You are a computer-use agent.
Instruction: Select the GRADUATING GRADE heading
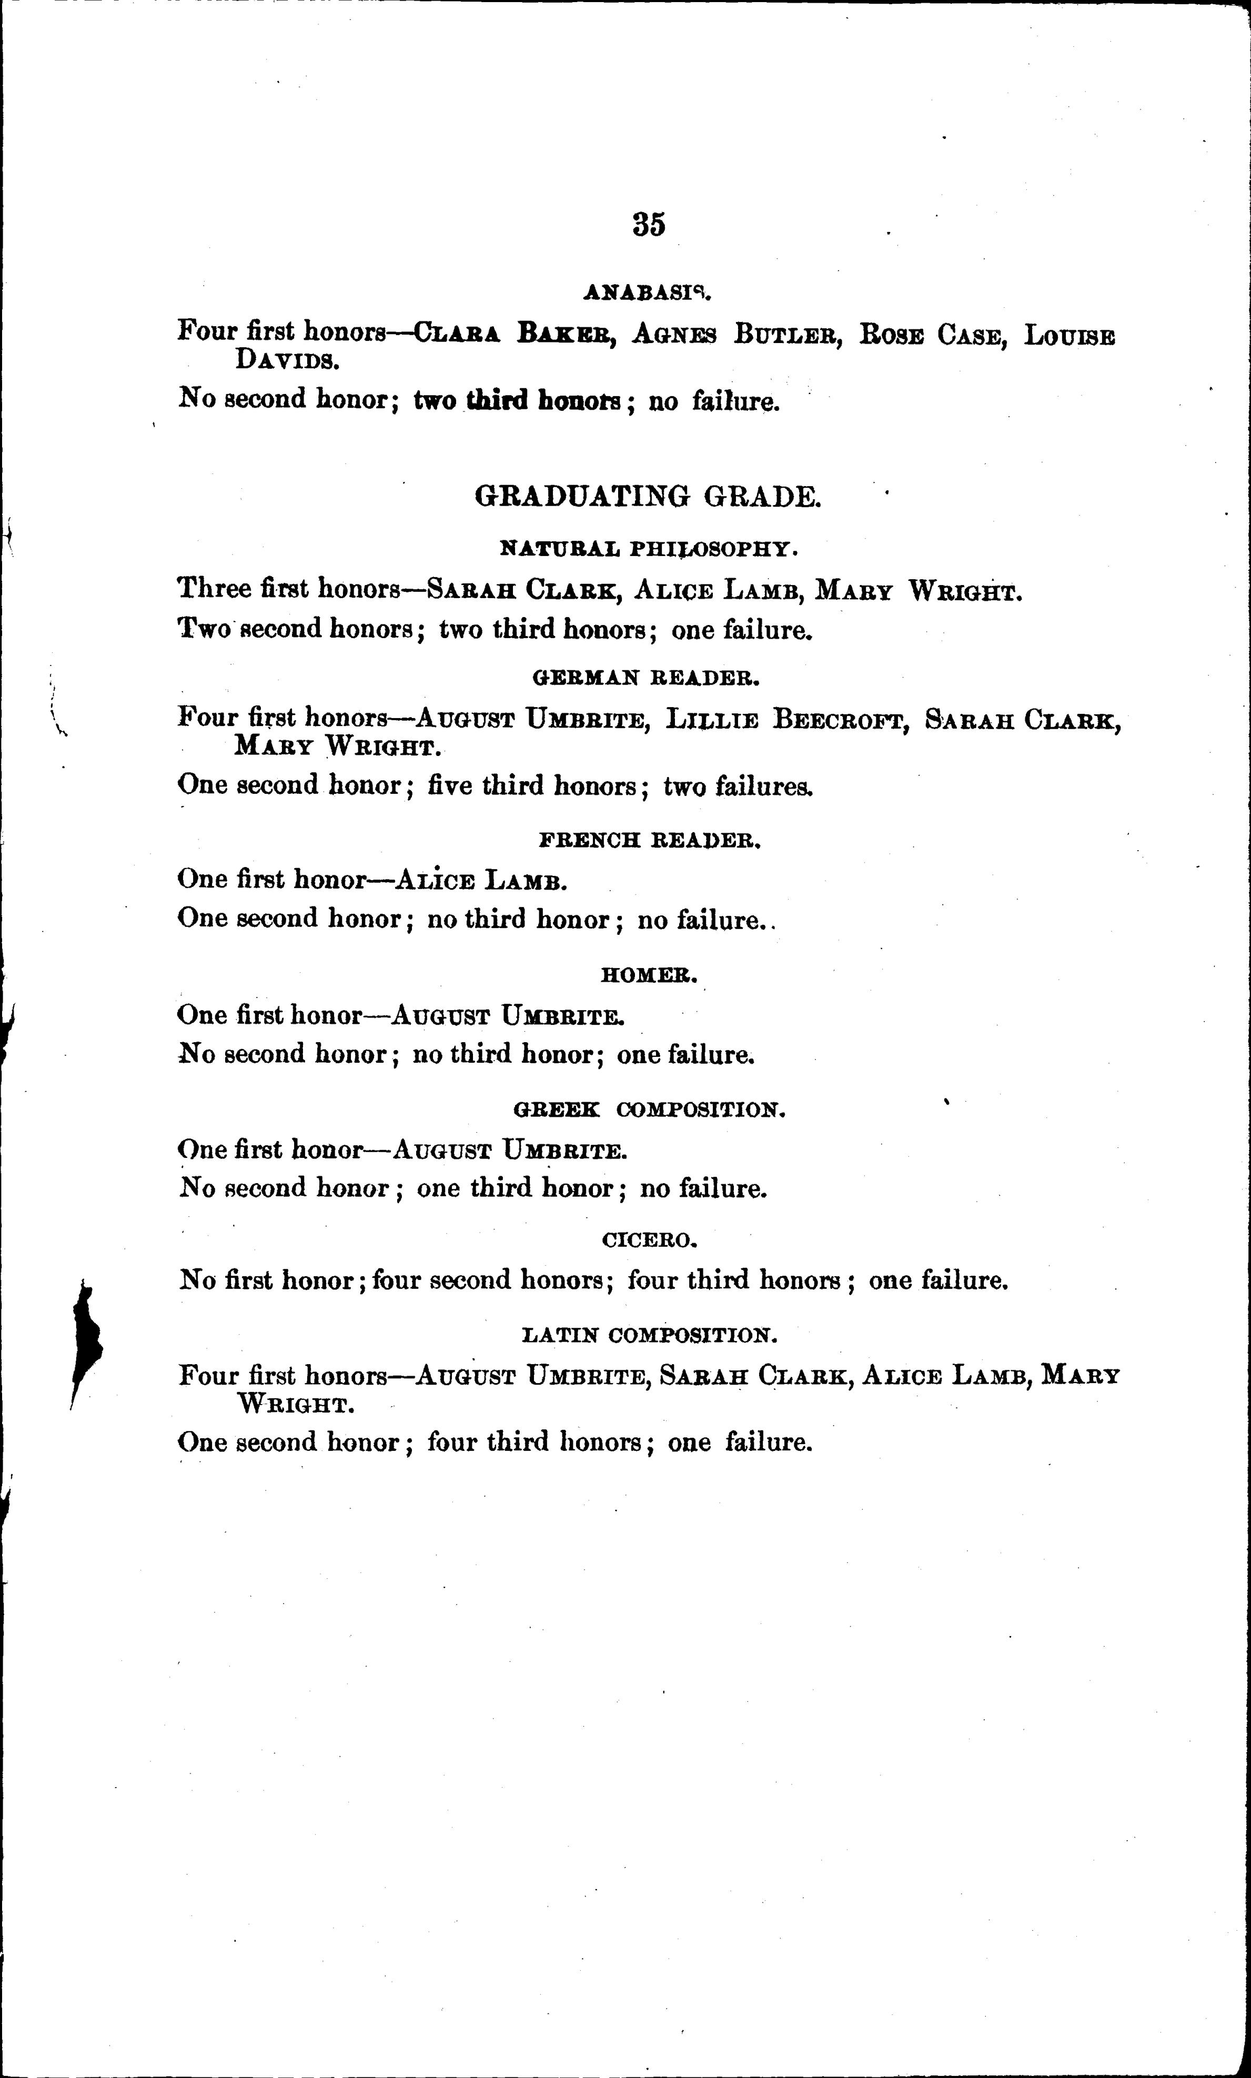pos(648,497)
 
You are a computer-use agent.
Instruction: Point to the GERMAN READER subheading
pos(648,677)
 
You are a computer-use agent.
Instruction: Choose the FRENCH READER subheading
pos(649,841)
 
